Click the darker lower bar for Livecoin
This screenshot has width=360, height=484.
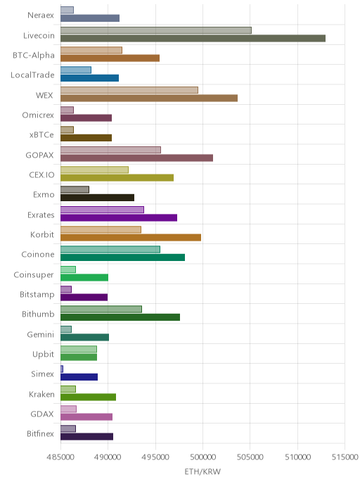pos(193,38)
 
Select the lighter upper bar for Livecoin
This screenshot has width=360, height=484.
pos(156,30)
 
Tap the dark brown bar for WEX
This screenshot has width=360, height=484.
pos(149,98)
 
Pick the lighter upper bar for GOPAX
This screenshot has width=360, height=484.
pos(110,150)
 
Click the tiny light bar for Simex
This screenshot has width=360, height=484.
pos(62,369)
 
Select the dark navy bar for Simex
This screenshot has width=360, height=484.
pos(79,377)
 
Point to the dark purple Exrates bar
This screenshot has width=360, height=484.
pos(119,217)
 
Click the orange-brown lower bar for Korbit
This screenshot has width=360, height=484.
pos(131,237)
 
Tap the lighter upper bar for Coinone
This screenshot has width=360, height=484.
pos(110,250)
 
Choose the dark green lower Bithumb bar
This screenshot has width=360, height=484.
pos(120,317)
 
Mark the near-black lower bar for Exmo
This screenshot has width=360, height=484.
pos(97,198)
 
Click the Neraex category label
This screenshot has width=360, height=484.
pos(41,15)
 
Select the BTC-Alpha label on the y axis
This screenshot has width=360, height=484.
pos(34,56)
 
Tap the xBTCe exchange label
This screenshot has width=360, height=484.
pos(41,135)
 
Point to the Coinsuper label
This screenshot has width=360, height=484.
pos(34,275)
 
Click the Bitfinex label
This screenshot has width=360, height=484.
pos(40,433)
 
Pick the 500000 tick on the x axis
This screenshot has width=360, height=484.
pos(202,457)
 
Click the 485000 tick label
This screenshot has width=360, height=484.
pos(60,457)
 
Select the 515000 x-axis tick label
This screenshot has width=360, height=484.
pos(345,457)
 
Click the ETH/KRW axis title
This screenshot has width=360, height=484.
pos(202,471)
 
